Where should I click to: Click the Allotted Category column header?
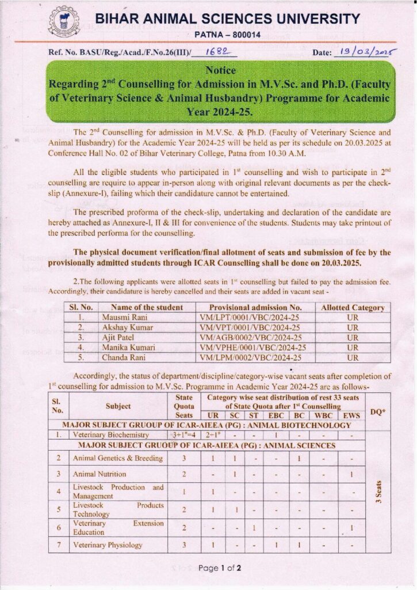pyautogui.click(x=353, y=307)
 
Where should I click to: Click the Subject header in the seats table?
pyautogui.click(x=118, y=406)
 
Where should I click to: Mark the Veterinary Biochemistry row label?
pyautogui.click(x=110, y=435)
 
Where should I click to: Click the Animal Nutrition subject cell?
pyautogui.click(x=99, y=474)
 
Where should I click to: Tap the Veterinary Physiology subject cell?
pyautogui.click(x=108, y=544)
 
